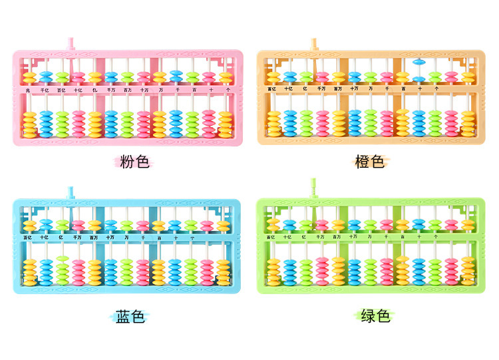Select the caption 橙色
[370, 161]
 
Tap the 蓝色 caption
[130, 316]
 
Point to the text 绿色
[375, 316]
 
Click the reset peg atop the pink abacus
[70, 43]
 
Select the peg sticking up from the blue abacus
[70, 193]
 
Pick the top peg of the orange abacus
[313, 43]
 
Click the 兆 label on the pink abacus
[28, 89]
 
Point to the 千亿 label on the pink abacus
[45, 89]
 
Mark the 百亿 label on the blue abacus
[29, 237]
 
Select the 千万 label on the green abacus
[321, 237]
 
